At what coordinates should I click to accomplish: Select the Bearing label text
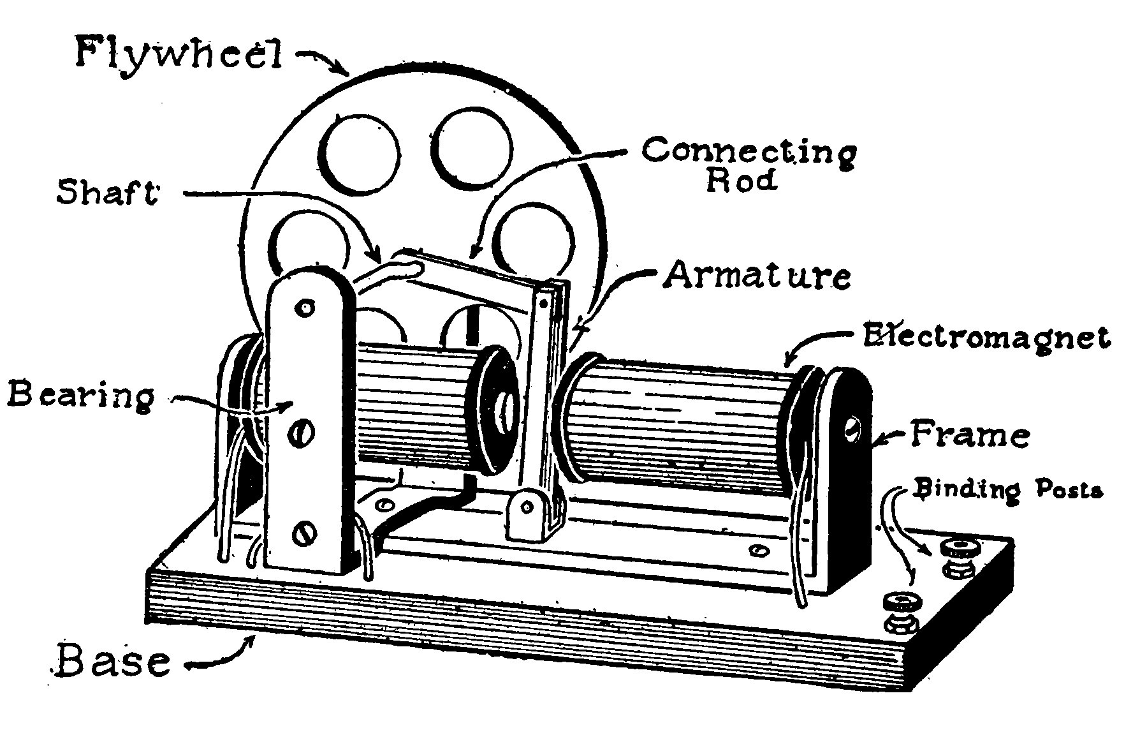(81, 395)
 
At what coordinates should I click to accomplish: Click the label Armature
(757, 276)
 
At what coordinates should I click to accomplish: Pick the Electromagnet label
(986, 336)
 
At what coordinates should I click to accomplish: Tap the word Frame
(969, 435)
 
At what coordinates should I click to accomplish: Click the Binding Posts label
(1007, 490)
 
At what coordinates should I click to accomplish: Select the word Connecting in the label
(750, 152)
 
